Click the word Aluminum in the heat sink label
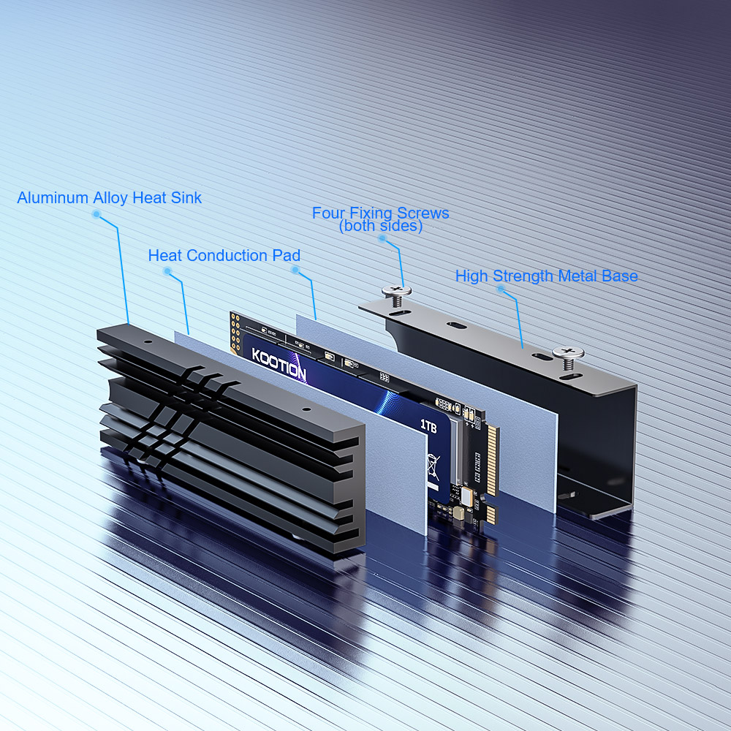tap(53, 197)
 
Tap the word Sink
tap(186, 197)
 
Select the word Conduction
tap(227, 255)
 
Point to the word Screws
tap(423, 213)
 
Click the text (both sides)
tap(381, 226)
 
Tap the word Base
tap(620, 276)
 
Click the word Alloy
tap(110, 198)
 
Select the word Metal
tap(577, 276)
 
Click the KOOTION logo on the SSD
tap(279, 363)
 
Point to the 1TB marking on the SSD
tap(428, 426)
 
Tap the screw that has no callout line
tap(568, 357)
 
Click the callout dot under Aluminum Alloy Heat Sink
tap(96, 214)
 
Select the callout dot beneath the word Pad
tap(295, 270)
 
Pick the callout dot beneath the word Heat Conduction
tap(167, 271)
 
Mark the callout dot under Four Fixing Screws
tap(383, 239)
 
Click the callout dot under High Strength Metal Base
tap(501, 289)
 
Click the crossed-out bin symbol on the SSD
tap(433, 466)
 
